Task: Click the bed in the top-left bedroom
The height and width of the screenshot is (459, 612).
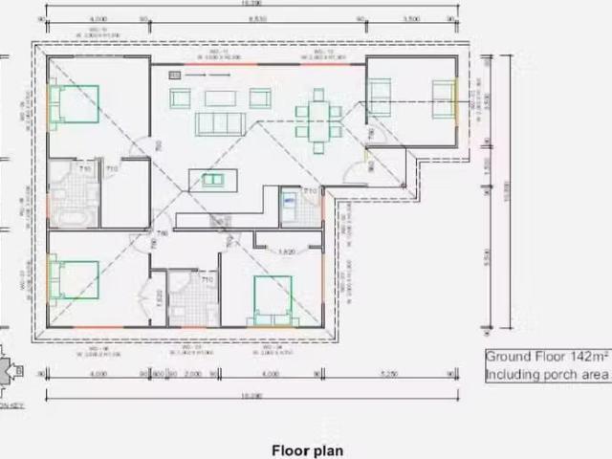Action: (75, 105)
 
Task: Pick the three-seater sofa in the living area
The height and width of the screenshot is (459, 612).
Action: (219, 123)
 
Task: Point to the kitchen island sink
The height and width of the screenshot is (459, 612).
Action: (212, 179)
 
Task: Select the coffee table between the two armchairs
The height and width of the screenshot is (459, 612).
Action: (219, 98)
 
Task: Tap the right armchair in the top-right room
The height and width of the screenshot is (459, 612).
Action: (444, 93)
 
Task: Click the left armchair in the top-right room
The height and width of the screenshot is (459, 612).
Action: (380, 94)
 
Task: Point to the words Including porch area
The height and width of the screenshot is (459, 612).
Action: (544, 374)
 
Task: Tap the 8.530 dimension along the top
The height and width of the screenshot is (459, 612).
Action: (255, 18)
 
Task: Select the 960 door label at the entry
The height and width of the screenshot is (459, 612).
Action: (371, 164)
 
